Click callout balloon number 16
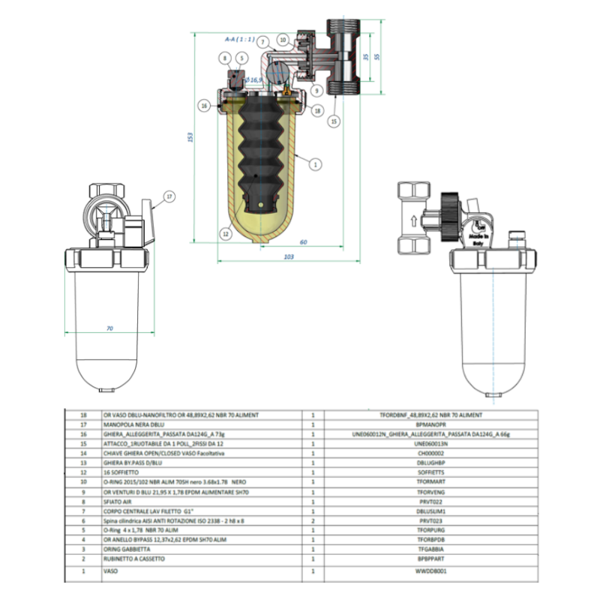click(x=203, y=106)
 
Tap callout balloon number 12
click(x=225, y=233)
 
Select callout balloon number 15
click(x=333, y=120)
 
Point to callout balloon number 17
click(x=169, y=196)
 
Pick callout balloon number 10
click(x=282, y=39)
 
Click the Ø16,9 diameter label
click(x=252, y=79)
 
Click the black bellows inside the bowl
click(x=259, y=150)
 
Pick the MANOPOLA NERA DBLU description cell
click(x=131, y=423)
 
